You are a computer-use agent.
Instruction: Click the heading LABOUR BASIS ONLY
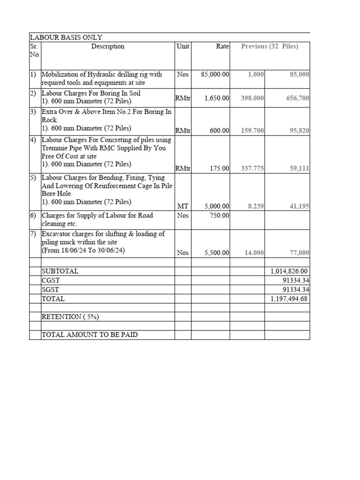[x=66, y=37]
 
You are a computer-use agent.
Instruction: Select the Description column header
[x=108, y=46]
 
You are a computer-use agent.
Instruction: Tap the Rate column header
[x=222, y=46]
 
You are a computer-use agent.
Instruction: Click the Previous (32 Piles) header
[x=269, y=46]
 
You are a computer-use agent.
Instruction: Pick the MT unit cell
[x=183, y=206]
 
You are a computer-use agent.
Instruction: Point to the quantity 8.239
[x=255, y=206]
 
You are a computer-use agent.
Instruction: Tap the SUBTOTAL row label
[x=60, y=271]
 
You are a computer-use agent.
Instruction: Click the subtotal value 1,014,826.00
[x=289, y=271]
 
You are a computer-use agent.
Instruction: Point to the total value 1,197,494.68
[x=289, y=299]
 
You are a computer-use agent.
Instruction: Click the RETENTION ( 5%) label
[x=70, y=316]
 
